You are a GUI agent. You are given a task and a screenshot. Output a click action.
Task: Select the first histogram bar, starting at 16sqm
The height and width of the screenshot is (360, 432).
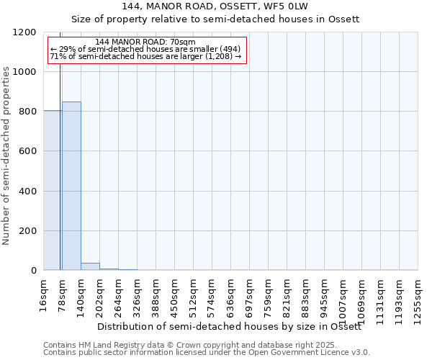point(52,190)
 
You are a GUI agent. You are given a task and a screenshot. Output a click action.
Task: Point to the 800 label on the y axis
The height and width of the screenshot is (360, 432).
point(28,112)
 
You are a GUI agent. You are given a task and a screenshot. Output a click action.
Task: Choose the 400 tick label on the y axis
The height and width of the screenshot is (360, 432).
point(28,192)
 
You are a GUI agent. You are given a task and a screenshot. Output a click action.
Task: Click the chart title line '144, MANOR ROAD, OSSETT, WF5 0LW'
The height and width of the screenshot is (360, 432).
point(215,6)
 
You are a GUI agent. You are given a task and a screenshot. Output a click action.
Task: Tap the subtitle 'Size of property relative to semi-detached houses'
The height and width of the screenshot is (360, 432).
point(215,19)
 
